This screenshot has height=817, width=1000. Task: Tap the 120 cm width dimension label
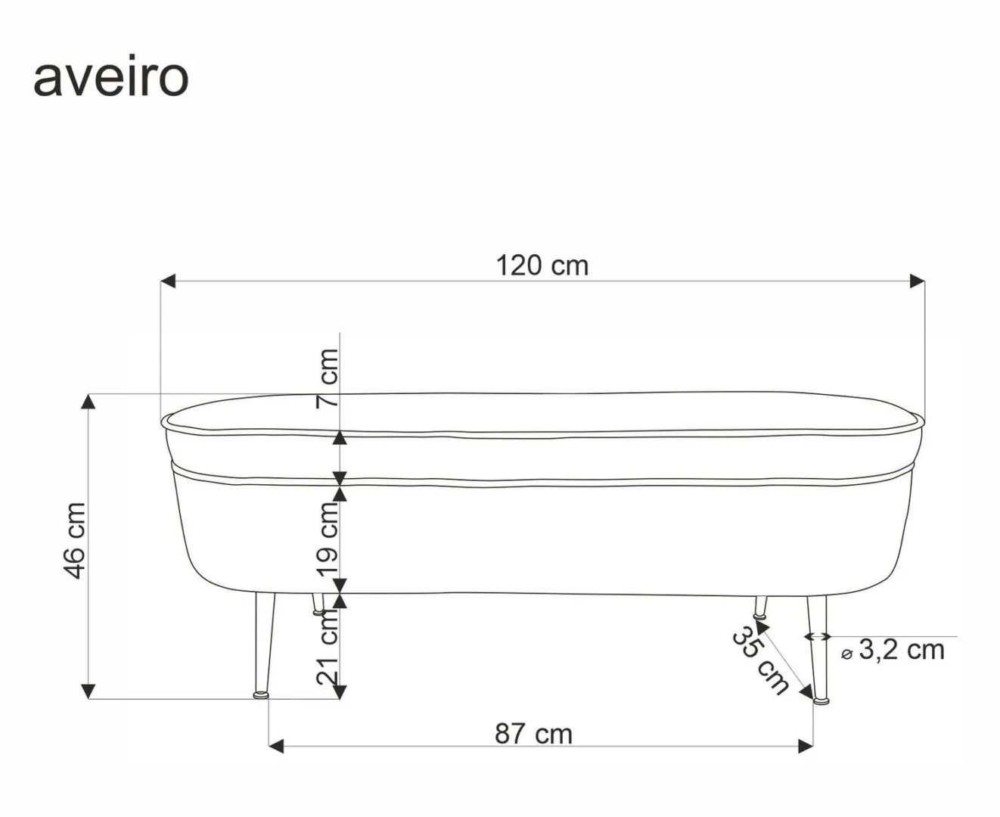click(542, 266)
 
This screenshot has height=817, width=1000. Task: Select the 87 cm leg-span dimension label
click(534, 734)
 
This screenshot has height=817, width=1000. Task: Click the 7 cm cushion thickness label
click(328, 377)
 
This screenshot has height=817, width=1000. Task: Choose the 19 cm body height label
click(328, 538)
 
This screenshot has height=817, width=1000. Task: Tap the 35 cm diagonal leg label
click(759, 661)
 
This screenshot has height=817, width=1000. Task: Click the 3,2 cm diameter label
click(901, 650)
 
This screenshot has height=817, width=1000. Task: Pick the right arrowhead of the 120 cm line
click(917, 281)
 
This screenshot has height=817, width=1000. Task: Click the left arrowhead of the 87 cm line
click(276, 747)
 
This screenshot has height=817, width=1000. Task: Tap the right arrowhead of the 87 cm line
click(806, 747)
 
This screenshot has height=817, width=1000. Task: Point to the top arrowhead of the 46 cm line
click(89, 402)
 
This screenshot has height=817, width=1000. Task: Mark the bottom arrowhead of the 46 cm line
click(89, 691)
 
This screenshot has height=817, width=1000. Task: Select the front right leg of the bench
click(817, 647)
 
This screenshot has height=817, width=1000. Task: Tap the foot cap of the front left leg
click(261, 693)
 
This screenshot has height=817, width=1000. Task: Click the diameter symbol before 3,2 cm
click(846, 654)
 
